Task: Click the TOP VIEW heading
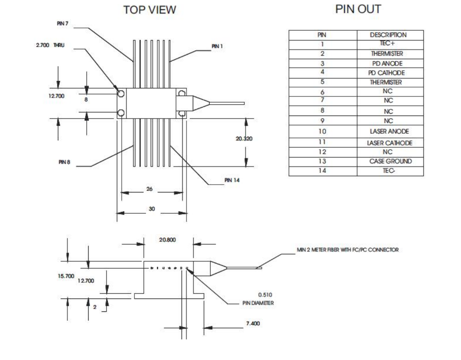click(149, 10)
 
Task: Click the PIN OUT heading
click(358, 9)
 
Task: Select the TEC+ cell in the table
click(390, 44)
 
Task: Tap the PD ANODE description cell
click(390, 63)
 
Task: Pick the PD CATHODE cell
click(390, 73)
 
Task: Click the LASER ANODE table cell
click(390, 132)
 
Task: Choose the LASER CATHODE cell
click(390, 143)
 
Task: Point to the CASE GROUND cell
click(390, 161)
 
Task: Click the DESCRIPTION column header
click(390, 35)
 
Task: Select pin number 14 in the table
click(322, 171)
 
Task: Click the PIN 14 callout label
click(232, 180)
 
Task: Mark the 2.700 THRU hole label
click(48, 46)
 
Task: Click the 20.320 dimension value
click(244, 138)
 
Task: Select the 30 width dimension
click(152, 209)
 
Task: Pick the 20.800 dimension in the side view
click(167, 240)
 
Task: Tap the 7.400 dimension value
click(253, 323)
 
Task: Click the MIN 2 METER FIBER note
click(347, 250)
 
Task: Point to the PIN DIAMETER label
click(258, 302)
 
